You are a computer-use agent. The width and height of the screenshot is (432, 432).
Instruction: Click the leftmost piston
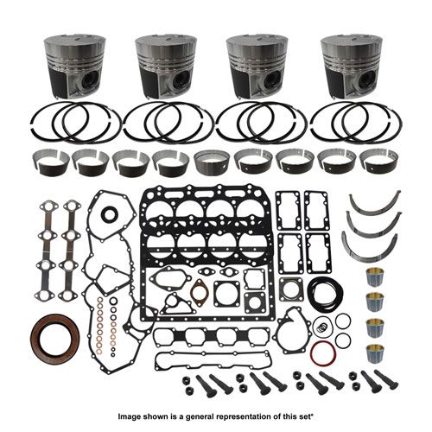coord(75,67)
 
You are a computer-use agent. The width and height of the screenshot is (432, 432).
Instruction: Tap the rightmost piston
coord(352,67)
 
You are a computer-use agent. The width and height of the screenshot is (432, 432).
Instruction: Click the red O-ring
coord(323,353)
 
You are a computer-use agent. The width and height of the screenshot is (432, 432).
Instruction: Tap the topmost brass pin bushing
coord(375,278)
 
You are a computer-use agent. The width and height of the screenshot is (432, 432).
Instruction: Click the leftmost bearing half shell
coord(51,163)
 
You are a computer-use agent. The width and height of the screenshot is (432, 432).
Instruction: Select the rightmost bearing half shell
coord(378,163)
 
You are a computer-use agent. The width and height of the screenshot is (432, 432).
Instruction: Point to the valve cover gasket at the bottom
coord(213,361)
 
